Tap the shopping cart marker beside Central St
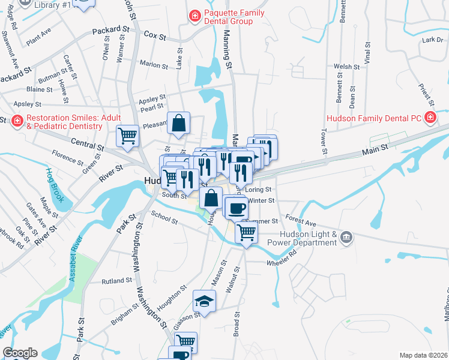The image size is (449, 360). coord(127,136)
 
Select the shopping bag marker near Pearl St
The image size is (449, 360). coord(179,123)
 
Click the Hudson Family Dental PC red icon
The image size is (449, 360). coord(430,118)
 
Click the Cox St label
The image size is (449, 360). coord(155,36)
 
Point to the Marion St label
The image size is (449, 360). coord(154,64)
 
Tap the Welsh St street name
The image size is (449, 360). coord(346,67)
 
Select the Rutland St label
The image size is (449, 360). coord(116,280)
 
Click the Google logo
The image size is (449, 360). coord(20,353)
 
